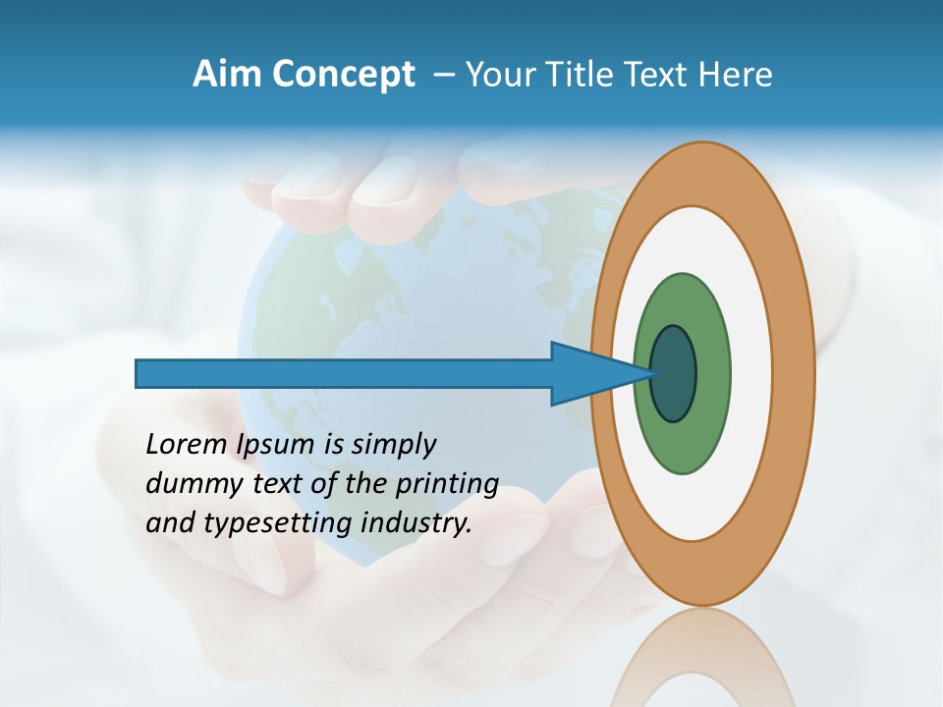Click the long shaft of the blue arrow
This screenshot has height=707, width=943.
pyautogui.click(x=344, y=374)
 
